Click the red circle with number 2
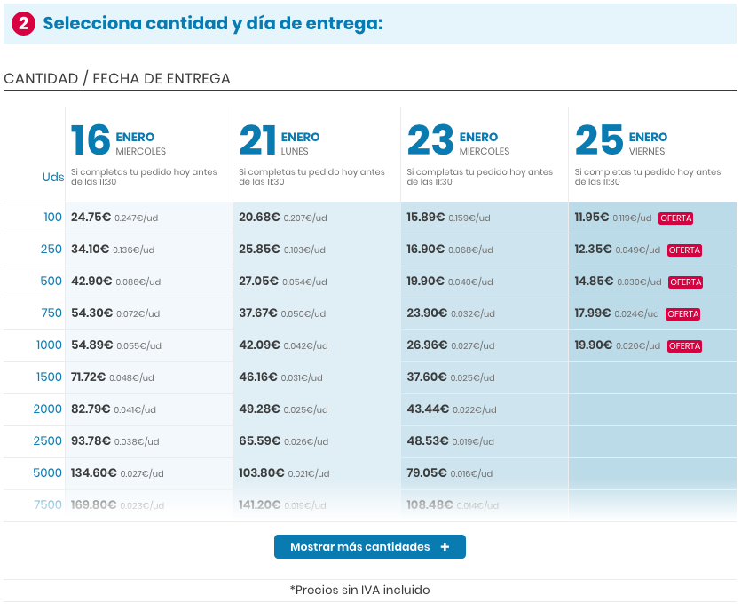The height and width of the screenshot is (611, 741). (x=24, y=24)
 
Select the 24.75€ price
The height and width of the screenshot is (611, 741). (x=91, y=218)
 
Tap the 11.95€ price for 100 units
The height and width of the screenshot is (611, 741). (x=591, y=218)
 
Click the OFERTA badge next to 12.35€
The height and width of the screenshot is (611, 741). (x=684, y=250)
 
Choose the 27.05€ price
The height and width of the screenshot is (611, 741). (x=259, y=282)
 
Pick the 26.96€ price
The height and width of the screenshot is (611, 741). (x=427, y=345)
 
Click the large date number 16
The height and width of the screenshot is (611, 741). (x=91, y=140)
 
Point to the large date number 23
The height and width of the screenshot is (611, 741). (x=430, y=140)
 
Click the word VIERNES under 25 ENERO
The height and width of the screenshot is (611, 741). (x=647, y=152)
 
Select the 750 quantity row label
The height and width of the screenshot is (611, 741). (x=51, y=313)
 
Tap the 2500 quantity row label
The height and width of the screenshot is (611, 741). (x=48, y=441)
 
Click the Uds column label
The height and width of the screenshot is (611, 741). (x=53, y=177)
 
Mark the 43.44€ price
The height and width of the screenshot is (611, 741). (x=427, y=409)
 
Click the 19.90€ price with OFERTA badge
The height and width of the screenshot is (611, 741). (x=593, y=345)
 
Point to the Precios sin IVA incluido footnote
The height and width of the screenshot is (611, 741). (x=359, y=590)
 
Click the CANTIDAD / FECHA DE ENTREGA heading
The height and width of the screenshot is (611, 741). (x=117, y=79)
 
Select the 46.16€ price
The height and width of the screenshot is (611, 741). (x=259, y=377)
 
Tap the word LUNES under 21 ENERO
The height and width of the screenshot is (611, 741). (x=295, y=152)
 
